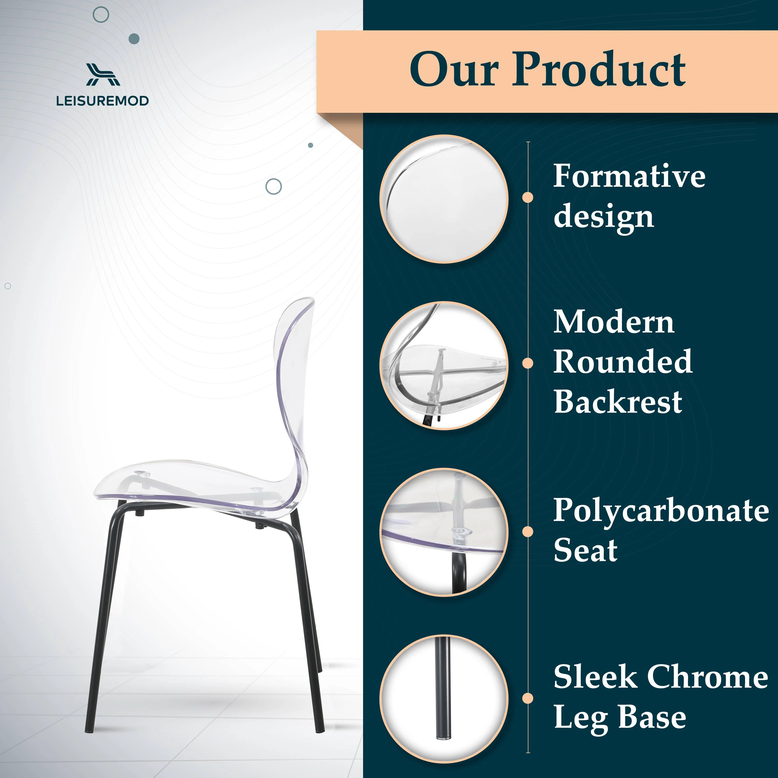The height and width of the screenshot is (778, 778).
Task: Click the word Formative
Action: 629,176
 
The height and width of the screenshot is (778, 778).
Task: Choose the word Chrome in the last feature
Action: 707,677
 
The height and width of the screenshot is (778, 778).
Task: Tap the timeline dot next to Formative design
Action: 527,197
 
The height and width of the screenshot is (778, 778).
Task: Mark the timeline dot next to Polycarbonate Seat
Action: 527,532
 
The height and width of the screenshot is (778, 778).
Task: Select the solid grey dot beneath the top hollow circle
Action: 134,39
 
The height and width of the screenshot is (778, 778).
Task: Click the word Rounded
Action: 623,362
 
